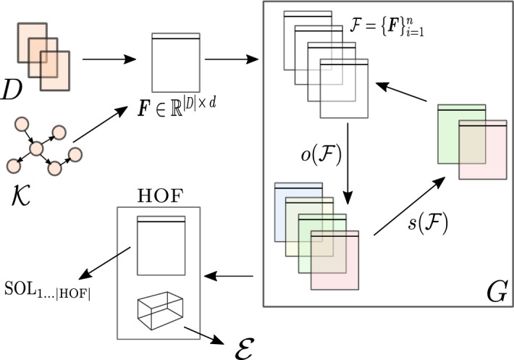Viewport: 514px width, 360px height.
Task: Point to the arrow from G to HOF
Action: click(x=229, y=276)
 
